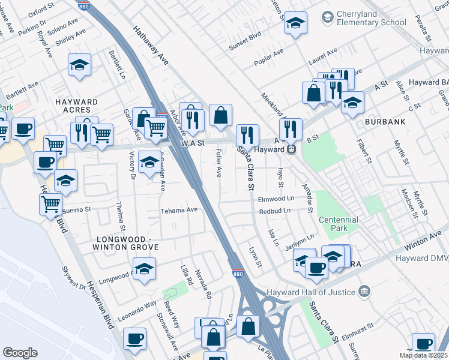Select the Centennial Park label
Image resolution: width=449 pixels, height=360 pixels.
coord(338,224)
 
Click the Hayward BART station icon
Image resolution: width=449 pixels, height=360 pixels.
coord(291,149)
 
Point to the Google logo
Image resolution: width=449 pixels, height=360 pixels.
coord(20,352)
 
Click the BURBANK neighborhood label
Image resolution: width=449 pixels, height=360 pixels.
coord(384,122)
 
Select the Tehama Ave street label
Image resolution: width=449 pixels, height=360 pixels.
coord(178,211)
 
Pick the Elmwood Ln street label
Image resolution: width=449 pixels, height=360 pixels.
coord(277,198)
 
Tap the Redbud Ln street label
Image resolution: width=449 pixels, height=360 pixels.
coord(274,211)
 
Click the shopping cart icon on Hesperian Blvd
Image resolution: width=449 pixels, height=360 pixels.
coord(50,204)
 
